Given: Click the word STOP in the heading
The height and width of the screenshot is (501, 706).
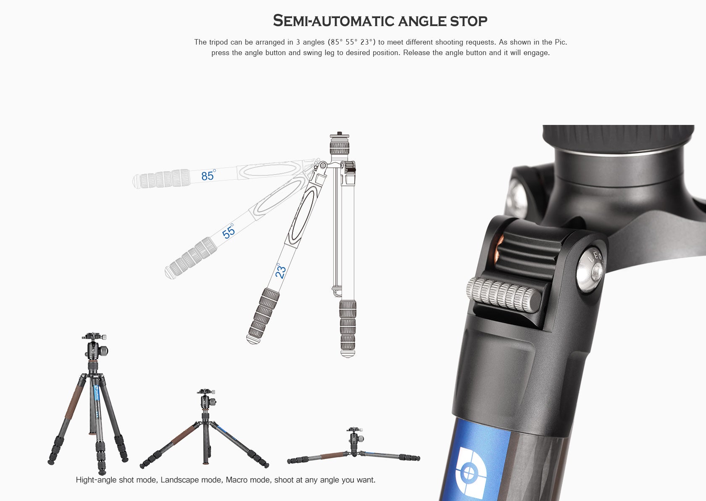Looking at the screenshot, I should pyautogui.click(x=469, y=21).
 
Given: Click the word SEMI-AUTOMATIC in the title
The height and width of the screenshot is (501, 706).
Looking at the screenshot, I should pyautogui.click(x=334, y=21).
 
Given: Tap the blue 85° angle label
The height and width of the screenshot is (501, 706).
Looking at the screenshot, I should pyautogui.click(x=208, y=175).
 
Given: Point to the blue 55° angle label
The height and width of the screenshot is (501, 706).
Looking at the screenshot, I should pyautogui.click(x=229, y=232).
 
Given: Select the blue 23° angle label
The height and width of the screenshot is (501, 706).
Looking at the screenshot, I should pyautogui.click(x=280, y=271).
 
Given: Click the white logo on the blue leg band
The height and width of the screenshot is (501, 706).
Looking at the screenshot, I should pyautogui.click(x=470, y=473).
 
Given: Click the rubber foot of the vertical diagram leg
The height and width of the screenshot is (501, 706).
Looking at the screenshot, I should pyautogui.click(x=348, y=353).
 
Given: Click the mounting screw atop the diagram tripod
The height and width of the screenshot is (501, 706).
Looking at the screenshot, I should pyautogui.click(x=339, y=135).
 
